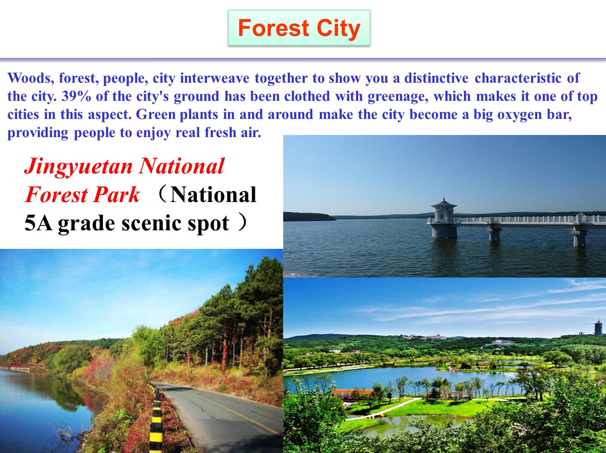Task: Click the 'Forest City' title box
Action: pos(299,28)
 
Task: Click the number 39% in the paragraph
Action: pos(76,97)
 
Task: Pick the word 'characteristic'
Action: pos(518,78)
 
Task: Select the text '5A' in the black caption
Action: pos(38,223)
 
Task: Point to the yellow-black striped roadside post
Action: pos(156,420)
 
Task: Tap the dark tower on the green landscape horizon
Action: pos(598,328)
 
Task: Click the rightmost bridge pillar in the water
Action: pos(579,237)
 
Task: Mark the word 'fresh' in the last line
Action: pos(220,132)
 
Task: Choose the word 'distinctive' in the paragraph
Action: pos(436,78)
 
